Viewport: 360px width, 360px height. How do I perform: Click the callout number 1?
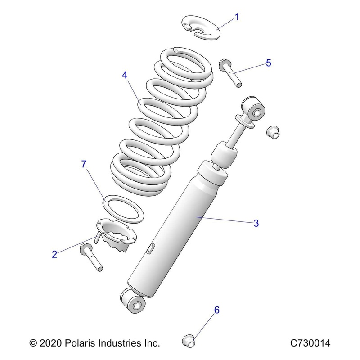tap(237, 18)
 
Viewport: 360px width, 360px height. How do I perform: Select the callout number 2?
tap(54, 255)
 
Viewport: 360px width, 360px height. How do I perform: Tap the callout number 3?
tap(256, 223)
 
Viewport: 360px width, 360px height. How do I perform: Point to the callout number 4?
tap(125, 75)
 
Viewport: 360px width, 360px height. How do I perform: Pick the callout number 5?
tap(269, 63)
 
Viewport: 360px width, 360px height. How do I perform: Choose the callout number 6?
tap(216, 310)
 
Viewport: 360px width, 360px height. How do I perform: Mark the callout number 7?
tap(83, 165)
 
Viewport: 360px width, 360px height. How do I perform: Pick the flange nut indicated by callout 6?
tap(189, 340)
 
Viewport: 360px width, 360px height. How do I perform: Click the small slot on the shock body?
tap(152, 248)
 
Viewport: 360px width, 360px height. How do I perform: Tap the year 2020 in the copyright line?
tap(51, 343)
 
